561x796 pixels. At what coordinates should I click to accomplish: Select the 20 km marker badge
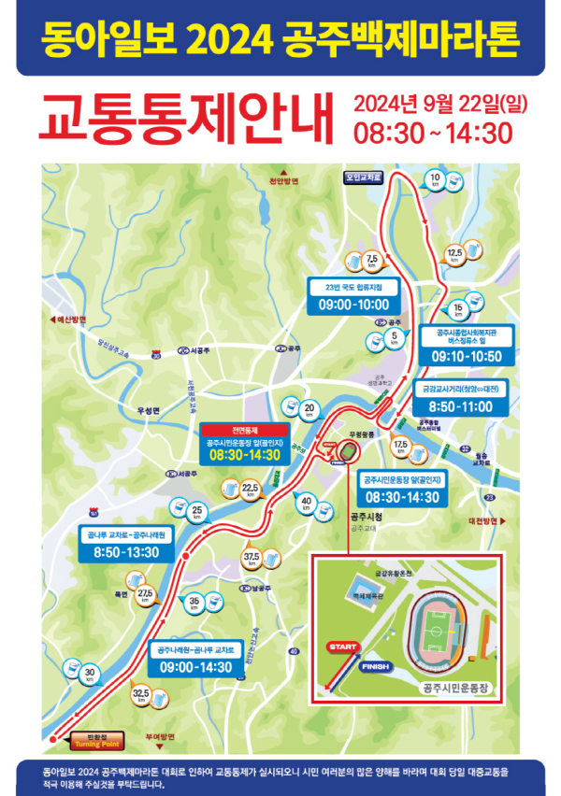point(309,409)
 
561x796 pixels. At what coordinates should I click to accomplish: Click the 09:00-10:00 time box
point(353,306)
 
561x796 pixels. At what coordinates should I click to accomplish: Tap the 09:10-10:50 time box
point(466,356)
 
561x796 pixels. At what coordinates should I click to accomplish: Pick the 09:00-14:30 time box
point(195,668)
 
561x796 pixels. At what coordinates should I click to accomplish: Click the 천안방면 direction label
point(283,180)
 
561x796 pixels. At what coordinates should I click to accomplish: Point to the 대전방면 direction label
point(486,520)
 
